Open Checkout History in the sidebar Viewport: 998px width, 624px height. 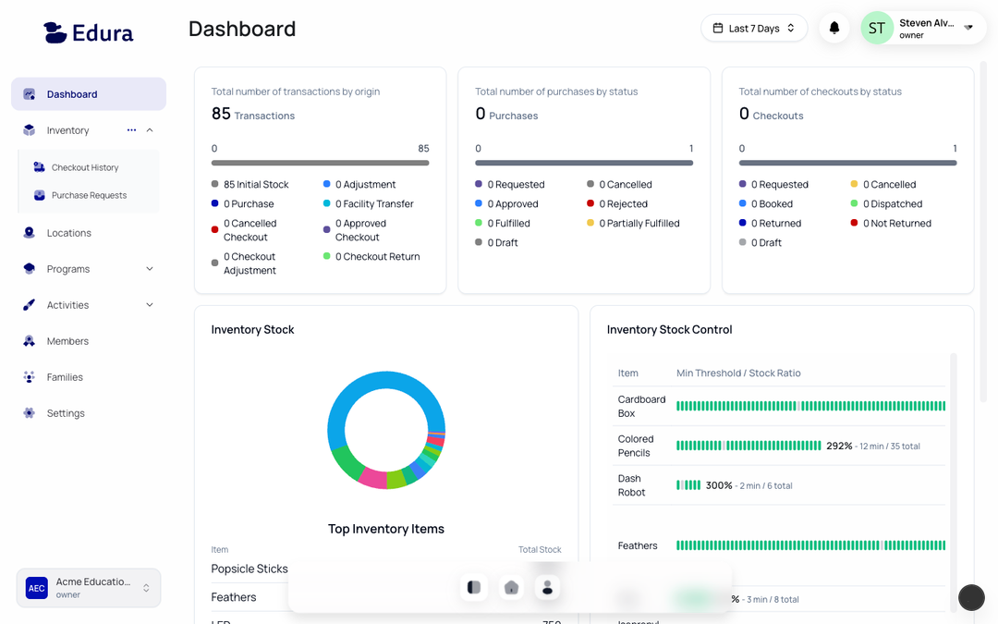[x=85, y=167]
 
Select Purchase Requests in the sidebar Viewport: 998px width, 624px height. [x=89, y=195]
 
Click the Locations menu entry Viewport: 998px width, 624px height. [x=69, y=233]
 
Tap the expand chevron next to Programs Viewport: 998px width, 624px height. [x=150, y=269]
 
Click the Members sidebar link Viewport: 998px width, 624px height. [x=67, y=341]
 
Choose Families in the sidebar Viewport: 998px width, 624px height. [x=65, y=377]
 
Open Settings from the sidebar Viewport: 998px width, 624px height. [x=66, y=413]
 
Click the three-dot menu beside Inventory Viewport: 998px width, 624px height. [x=131, y=130]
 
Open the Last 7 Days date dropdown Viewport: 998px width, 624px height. [x=753, y=29]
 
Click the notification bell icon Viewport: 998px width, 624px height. [x=834, y=29]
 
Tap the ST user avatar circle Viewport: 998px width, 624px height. [x=876, y=29]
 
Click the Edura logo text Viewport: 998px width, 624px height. [x=102, y=33]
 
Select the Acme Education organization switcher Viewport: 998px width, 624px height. [x=89, y=588]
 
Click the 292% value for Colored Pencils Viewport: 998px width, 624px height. [x=839, y=446]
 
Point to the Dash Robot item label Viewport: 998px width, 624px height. [x=631, y=485]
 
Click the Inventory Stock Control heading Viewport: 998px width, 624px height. [x=669, y=330]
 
